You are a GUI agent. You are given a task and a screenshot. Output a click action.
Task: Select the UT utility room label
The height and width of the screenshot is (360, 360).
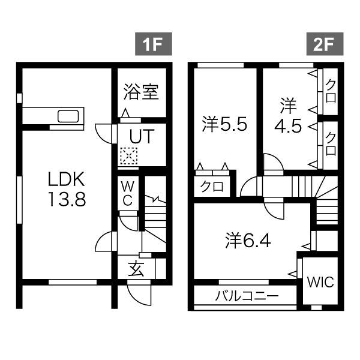click(141, 136)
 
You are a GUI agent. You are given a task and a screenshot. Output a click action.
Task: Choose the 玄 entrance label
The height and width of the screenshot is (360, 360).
click(137, 269)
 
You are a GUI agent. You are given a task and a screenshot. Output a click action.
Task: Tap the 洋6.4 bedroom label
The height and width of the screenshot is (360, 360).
click(248, 241)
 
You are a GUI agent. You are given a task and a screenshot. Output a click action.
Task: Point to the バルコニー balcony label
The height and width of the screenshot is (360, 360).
click(247, 296)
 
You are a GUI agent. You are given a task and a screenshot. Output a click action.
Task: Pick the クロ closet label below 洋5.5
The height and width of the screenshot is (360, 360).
click(212, 187)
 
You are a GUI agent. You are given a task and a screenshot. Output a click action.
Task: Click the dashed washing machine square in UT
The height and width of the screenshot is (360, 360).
click(128, 157)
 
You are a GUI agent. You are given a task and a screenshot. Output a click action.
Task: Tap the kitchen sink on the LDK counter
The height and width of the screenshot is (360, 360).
click(68, 116)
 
